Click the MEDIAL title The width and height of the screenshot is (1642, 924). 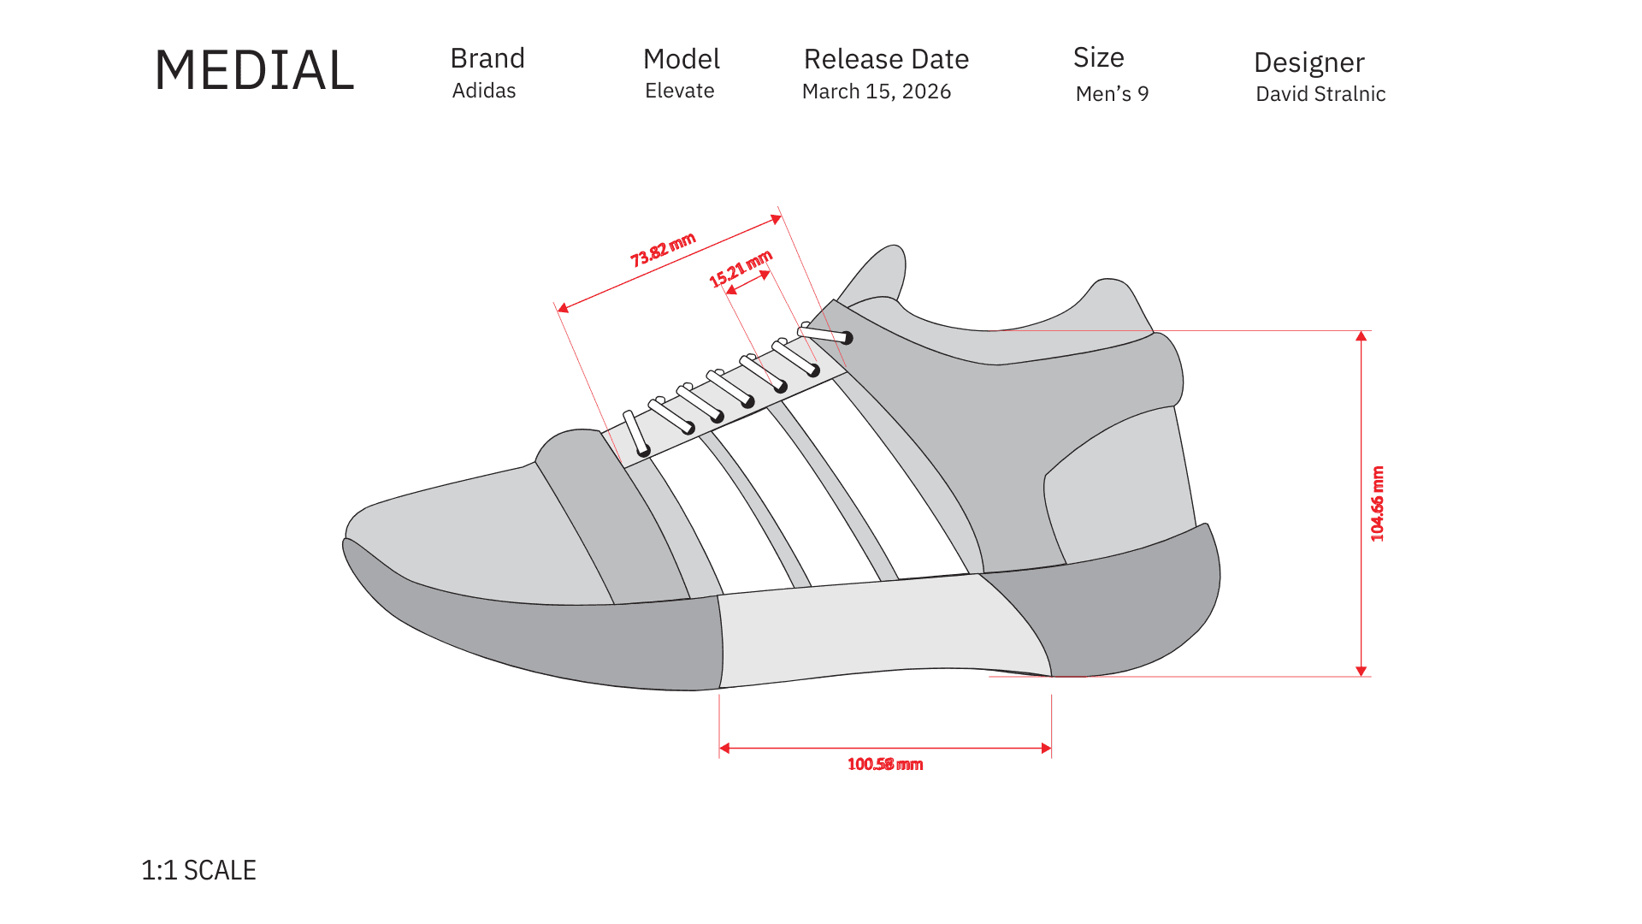(254, 70)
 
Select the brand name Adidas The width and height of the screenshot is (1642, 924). (484, 91)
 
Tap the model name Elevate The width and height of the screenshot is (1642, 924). (679, 91)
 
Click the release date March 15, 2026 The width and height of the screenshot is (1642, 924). (877, 92)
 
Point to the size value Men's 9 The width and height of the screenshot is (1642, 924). (1112, 94)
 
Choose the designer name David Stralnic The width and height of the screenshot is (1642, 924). (1320, 94)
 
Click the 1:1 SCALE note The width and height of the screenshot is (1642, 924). (198, 870)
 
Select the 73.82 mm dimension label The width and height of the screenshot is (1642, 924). (663, 250)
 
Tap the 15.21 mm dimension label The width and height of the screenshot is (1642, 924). (741, 269)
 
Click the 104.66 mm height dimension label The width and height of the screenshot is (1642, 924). (1377, 504)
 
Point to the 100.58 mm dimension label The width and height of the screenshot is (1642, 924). (885, 764)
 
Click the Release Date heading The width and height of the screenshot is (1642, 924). (886, 59)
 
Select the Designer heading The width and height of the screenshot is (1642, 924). (1308, 62)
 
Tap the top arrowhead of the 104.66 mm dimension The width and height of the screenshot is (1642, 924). (1361, 336)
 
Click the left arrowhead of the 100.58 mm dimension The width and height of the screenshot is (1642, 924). (724, 749)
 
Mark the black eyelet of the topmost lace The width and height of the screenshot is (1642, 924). (848, 338)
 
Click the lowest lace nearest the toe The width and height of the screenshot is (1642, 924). (635, 433)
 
